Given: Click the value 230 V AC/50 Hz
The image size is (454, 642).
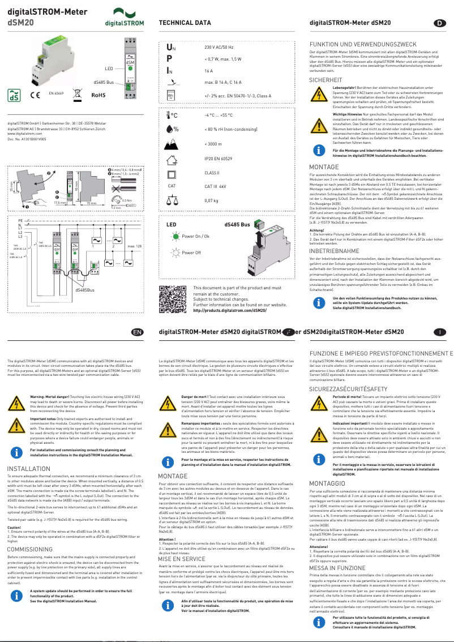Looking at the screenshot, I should [x=219, y=48].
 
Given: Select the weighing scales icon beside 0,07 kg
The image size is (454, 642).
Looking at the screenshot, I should [x=170, y=200].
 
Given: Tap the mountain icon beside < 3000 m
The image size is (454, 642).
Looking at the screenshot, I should [x=170, y=144].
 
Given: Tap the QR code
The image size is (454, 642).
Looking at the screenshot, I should [x=172, y=299].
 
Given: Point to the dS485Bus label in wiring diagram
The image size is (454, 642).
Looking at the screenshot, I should [x=85, y=289].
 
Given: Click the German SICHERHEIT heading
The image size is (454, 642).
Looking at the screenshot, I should [x=325, y=80].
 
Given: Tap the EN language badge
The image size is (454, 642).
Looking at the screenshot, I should [x=137, y=332].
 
